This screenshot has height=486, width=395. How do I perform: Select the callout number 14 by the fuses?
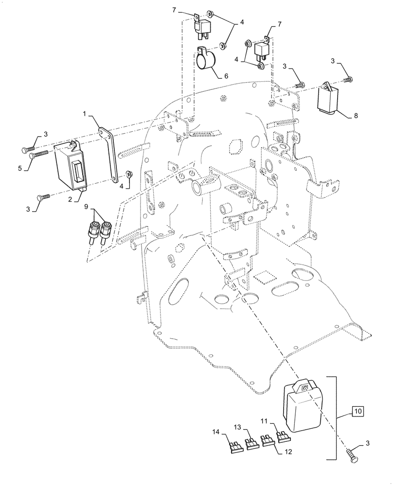(x=216, y=432)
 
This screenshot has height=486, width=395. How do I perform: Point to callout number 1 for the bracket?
(x=84, y=114)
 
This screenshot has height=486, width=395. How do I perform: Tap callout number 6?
(x=225, y=76)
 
